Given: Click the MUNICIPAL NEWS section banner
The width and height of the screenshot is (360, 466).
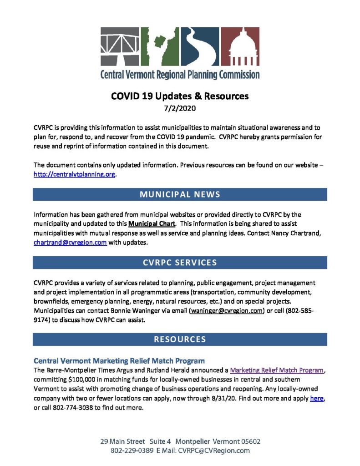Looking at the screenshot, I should tap(180, 194).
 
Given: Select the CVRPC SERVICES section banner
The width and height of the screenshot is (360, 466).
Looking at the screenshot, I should tap(180, 263).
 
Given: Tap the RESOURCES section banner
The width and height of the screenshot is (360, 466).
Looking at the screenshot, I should tap(180, 339).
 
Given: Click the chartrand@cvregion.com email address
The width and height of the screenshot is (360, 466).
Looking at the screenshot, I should tap(70, 243).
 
